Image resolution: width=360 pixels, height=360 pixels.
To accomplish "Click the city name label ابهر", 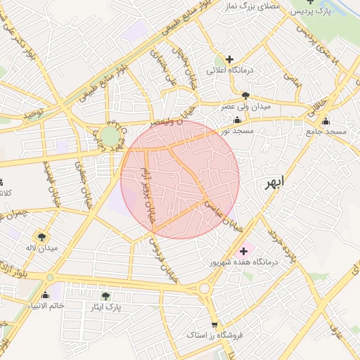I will point(275,184).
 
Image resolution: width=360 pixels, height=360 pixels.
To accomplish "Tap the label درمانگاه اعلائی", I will point(229,70).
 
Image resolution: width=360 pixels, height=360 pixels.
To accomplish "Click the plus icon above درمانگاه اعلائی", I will point(229,58).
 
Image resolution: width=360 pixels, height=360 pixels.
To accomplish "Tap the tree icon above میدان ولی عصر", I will point(245,95).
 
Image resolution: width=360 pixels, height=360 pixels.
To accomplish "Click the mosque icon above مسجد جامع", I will point(326,120).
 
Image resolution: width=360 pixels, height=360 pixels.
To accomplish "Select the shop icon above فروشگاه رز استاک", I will point(214,325).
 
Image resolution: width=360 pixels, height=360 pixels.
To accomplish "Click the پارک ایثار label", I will point(106,307).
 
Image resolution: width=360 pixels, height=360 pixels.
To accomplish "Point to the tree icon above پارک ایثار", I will point(106,296).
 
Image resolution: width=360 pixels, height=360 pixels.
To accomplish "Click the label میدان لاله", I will point(41,247).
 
